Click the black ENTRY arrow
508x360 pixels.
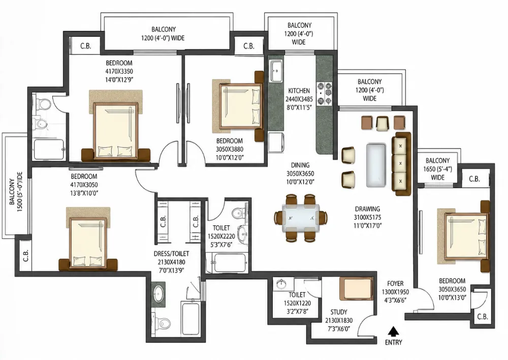point(393,332)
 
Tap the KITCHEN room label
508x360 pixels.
point(299,91)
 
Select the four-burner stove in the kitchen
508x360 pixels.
point(324,94)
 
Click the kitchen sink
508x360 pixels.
point(276,71)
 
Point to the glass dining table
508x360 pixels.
point(300,218)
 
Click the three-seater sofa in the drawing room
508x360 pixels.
point(401,163)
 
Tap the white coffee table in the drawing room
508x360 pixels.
point(376,165)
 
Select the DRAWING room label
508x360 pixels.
point(367,209)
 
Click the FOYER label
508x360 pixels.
point(395,283)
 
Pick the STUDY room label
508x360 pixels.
point(338,312)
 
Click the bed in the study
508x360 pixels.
point(356,289)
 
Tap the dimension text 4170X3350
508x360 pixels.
point(119,71)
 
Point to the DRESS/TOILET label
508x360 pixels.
point(171,254)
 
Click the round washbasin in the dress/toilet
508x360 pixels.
point(158,294)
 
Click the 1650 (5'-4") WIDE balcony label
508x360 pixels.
point(437,169)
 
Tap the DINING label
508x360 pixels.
point(300,165)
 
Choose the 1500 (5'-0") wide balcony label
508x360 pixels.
point(16,192)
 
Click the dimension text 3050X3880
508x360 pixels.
point(230,149)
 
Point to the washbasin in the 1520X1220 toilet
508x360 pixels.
point(281,284)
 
